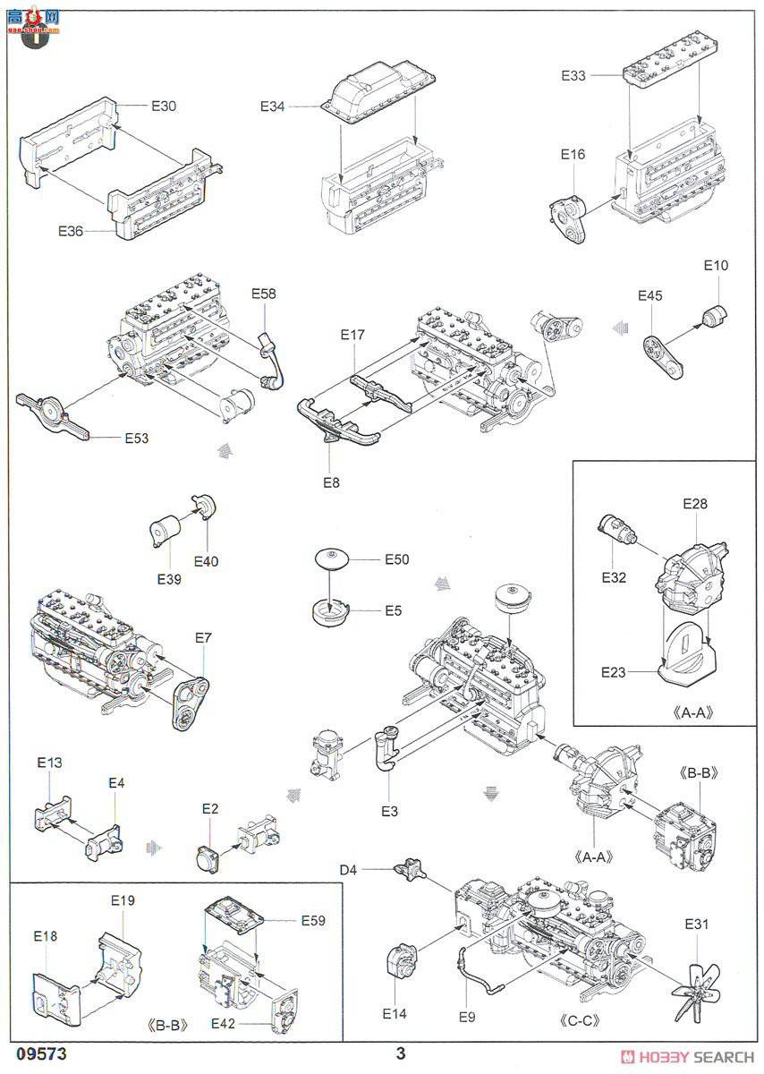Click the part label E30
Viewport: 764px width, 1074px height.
[164, 106]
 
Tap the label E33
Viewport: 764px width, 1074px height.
[573, 76]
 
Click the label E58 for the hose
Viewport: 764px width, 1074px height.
[265, 294]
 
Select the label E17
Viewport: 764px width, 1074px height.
[353, 336]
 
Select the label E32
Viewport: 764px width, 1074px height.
[614, 577]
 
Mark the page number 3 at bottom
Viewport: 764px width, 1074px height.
[402, 1054]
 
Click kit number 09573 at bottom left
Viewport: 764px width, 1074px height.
[40, 1054]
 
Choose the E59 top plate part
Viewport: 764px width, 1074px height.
[236, 918]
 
